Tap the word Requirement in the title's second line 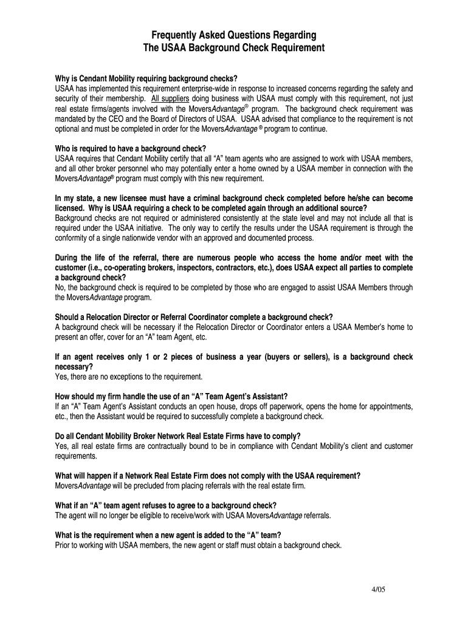click(294, 47)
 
